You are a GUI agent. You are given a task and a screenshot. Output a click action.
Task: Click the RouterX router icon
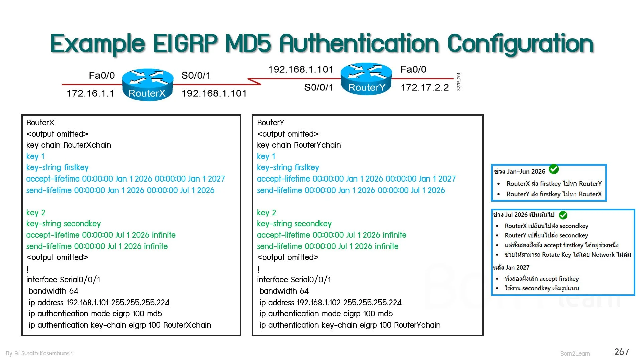pos(147,84)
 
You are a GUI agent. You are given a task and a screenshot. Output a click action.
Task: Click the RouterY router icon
pos(366,79)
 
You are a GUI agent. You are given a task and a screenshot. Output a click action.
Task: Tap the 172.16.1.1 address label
pos(90,93)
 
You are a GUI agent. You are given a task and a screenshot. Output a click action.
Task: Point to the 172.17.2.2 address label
pos(425,88)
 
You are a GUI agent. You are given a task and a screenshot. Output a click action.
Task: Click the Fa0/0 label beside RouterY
pos(413,69)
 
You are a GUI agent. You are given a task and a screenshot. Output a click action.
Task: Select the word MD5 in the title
pos(248,44)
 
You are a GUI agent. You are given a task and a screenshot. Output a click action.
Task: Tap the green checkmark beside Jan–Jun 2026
pos(554,169)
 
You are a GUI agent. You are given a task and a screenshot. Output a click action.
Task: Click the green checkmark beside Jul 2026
pos(563,215)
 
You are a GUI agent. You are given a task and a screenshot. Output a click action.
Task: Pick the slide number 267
pos(621,352)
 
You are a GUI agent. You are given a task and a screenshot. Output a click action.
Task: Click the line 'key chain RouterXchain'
pos(69,145)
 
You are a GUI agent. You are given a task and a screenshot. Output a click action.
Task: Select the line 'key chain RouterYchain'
pos(299,145)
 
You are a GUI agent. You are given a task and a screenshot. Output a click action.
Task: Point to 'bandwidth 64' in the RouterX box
pos(53,291)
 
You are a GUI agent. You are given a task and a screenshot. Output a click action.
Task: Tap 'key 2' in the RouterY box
pos(266,213)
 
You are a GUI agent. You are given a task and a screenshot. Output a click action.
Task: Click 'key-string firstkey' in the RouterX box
pos(57,167)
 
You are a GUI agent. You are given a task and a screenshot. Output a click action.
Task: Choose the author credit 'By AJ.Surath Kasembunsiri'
pos(39,353)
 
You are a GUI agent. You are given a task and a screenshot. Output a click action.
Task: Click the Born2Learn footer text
pos(575,354)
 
